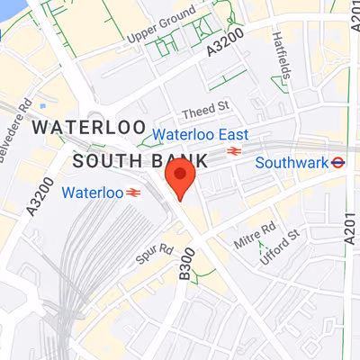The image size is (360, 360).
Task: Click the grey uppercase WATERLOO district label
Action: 78,129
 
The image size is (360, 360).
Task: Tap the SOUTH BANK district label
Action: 139,161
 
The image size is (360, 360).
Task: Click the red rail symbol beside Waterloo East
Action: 235,151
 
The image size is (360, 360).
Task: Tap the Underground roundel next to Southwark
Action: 337,163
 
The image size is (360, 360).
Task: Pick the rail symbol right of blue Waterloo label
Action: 135,192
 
